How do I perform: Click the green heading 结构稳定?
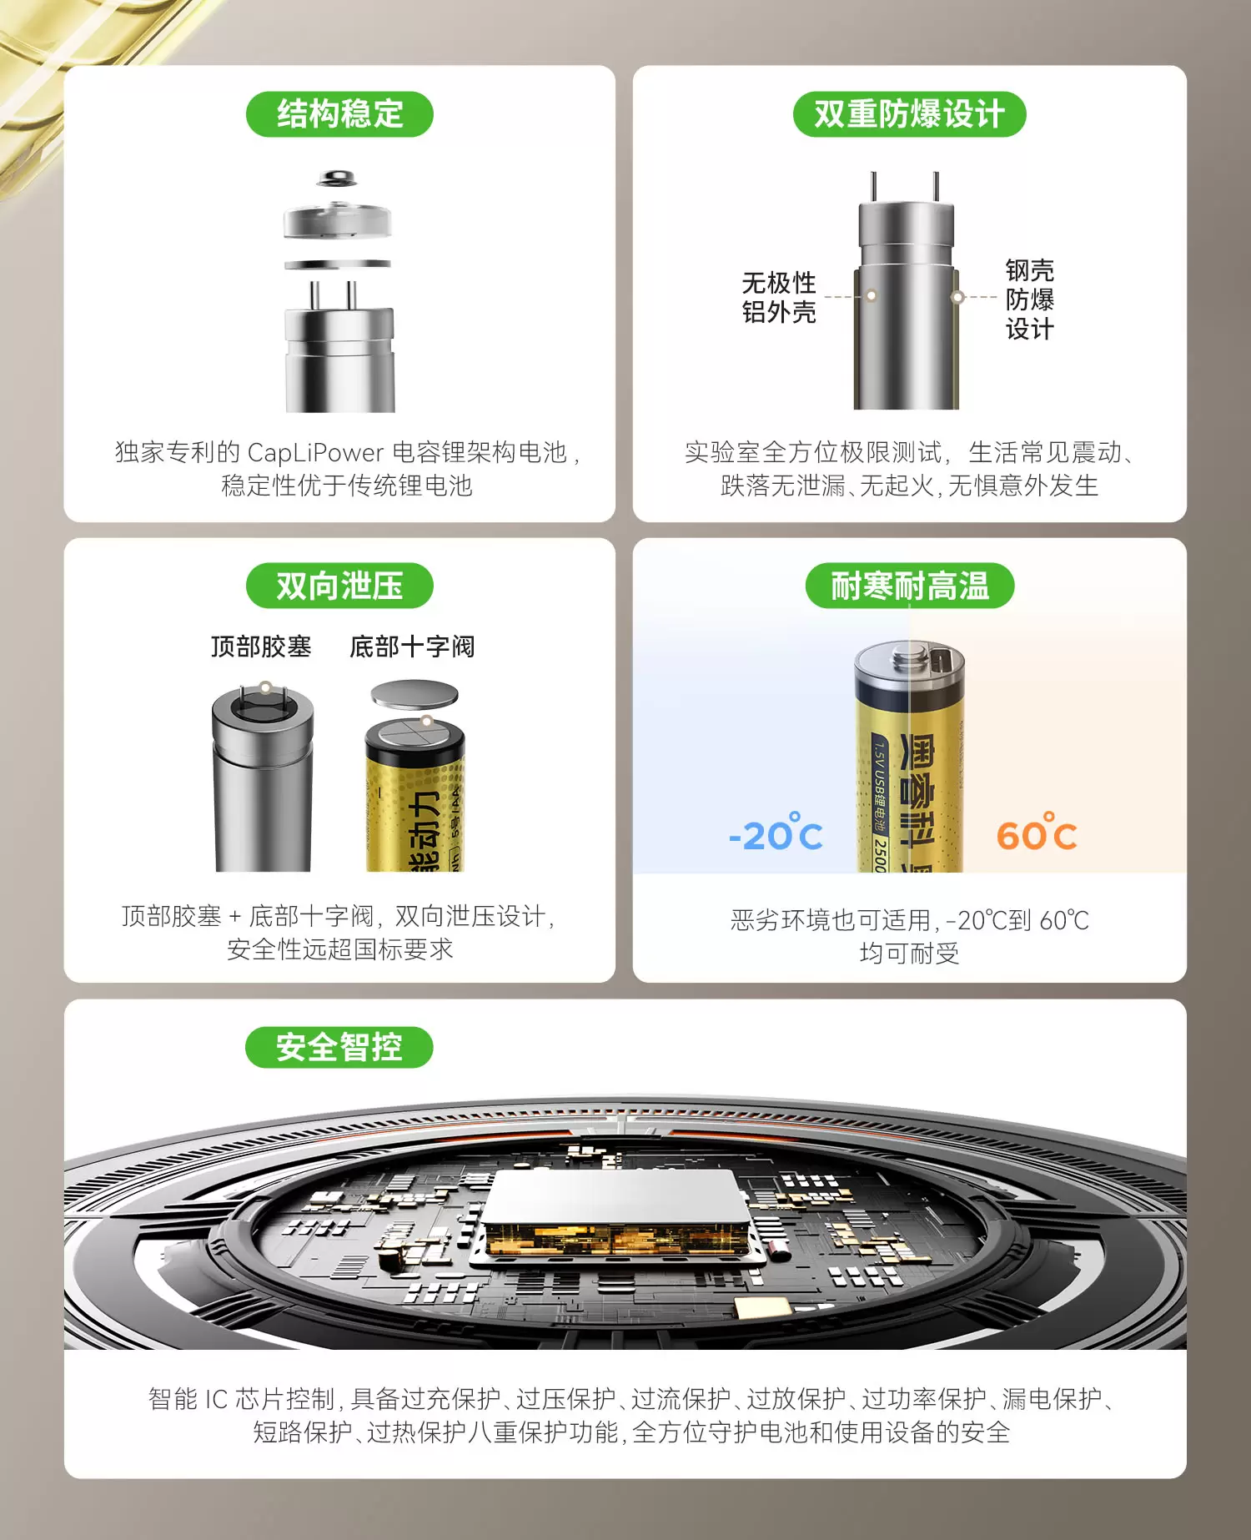click(339, 114)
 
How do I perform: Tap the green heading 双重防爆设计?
click(909, 114)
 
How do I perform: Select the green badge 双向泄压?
click(339, 586)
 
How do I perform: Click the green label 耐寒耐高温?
click(909, 586)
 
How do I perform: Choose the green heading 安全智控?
click(339, 1047)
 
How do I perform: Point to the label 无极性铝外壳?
click(779, 297)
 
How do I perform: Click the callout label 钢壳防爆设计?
click(1029, 299)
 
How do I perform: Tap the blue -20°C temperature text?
click(776, 833)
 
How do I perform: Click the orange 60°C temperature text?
click(1037, 833)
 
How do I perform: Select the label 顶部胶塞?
click(261, 647)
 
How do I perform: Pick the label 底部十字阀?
click(412, 647)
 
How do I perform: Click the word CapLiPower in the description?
click(316, 452)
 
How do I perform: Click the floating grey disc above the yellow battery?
click(414, 695)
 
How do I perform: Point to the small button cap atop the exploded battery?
click(337, 178)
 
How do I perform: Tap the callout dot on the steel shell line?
click(957, 297)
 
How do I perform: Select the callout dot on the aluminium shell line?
click(871, 295)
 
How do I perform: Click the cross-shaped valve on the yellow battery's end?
click(415, 735)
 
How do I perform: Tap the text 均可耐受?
click(909, 953)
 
